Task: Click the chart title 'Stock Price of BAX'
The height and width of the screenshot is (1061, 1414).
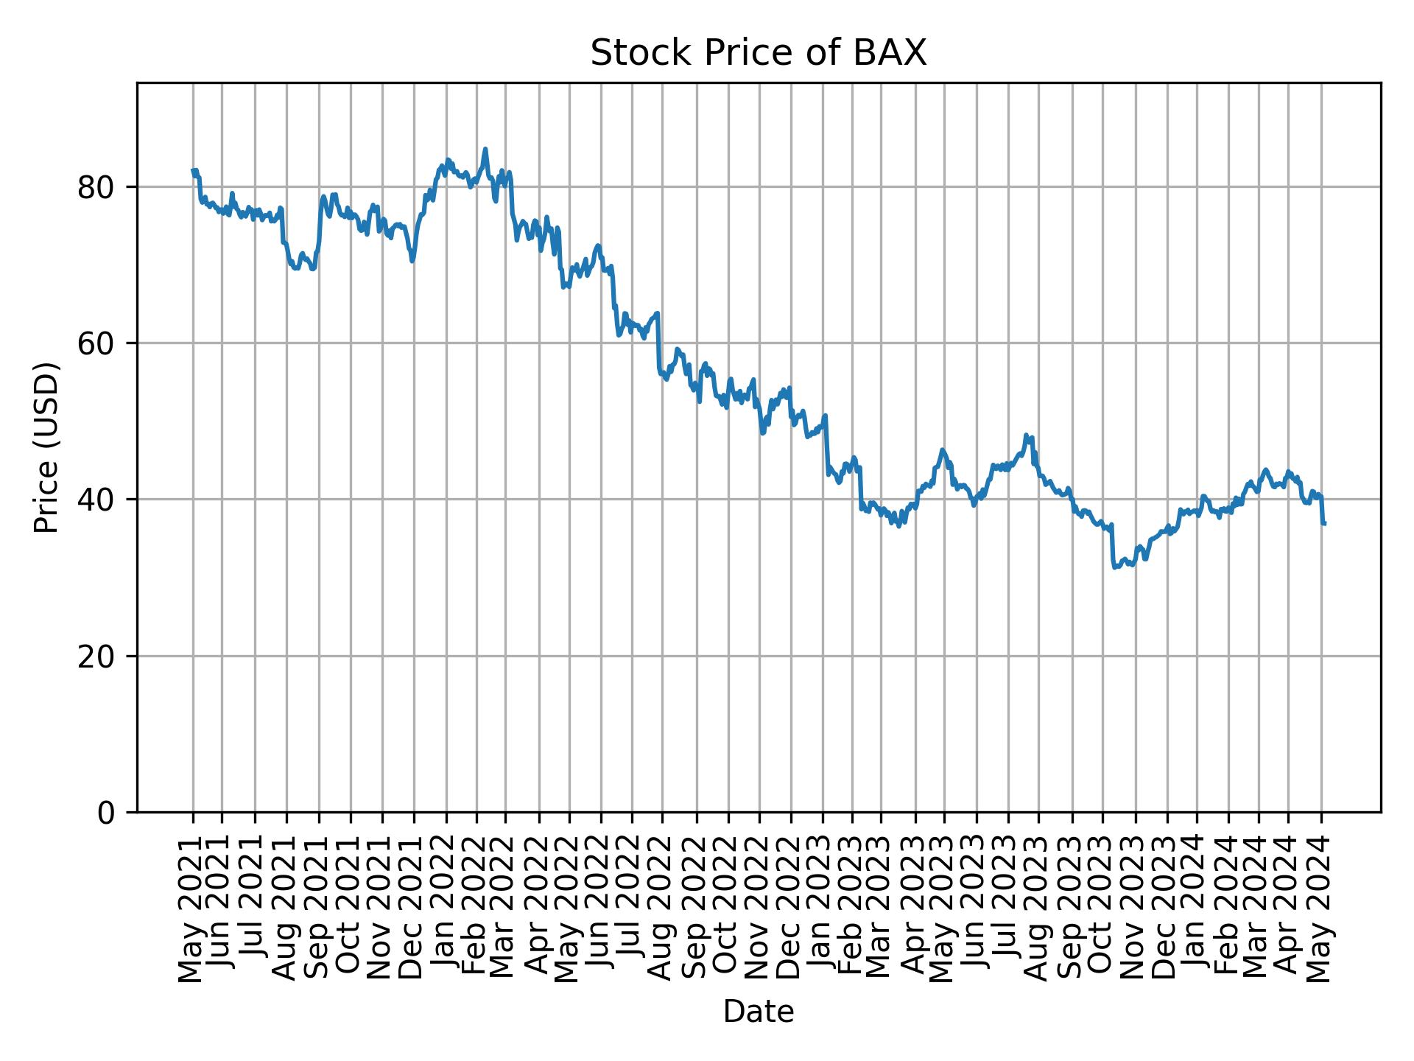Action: coord(758,53)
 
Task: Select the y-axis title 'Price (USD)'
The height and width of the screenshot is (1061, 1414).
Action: coord(46,447)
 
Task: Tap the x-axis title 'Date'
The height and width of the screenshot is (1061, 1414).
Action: coord(758,1012)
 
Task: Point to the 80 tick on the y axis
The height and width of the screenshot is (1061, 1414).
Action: coord(97,188)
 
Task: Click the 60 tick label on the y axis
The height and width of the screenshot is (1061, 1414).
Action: coord(97,343)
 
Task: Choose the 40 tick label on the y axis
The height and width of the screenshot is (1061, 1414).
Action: coord(97,500)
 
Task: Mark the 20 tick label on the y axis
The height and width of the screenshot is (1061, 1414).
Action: coord(97,656)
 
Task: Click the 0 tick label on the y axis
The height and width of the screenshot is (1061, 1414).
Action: coord(107,812)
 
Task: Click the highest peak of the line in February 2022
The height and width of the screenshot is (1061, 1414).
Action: coord(485,149)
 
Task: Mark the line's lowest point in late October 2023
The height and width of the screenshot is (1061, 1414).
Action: coord(1114,567)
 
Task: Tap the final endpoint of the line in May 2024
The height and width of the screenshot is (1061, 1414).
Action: coord(1325,524)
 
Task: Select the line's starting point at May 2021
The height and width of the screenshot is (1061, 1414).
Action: coord(193,170)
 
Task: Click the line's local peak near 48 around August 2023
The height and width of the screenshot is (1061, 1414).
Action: coord(1026,435)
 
